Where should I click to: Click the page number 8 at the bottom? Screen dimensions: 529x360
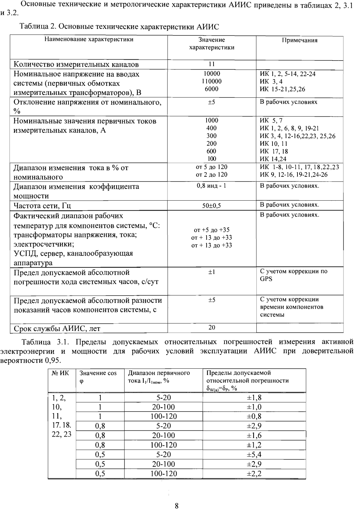coord(177,506)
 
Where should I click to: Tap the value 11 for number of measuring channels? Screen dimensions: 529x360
coord(212,64)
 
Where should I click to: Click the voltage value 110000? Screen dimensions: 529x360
coord(212,81)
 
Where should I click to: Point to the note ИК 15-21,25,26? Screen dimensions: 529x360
coord(282,89)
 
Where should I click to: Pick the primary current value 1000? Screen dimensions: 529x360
coord(212,121)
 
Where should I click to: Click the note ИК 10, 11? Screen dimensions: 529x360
coord(274,143)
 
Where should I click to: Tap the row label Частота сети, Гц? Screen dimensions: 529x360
coord(42,206)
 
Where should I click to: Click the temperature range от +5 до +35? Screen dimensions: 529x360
coord(212,230)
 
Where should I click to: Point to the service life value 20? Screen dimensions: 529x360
coord(212,328)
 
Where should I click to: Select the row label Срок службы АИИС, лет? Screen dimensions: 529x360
coord(57,329)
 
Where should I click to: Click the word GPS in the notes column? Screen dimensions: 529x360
coord(266,279)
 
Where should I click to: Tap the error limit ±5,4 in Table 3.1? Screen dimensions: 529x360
coord(254,454)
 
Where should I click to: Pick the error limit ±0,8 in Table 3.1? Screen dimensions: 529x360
coord(254,417)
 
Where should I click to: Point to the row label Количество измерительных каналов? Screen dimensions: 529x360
coord(76,64)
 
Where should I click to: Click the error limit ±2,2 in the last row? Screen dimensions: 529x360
coord(254,473)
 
